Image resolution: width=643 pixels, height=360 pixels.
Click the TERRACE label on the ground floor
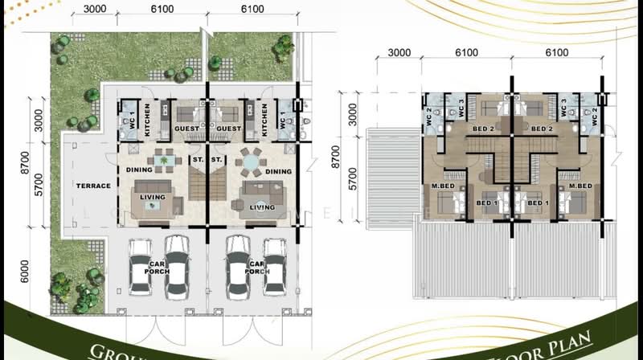tap(94, 186)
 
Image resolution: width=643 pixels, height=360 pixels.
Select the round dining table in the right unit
tap(251, 162)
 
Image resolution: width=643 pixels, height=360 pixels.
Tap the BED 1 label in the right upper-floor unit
tap(536, 202)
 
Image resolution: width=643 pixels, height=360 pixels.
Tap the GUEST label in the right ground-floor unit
tap(229, 129)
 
